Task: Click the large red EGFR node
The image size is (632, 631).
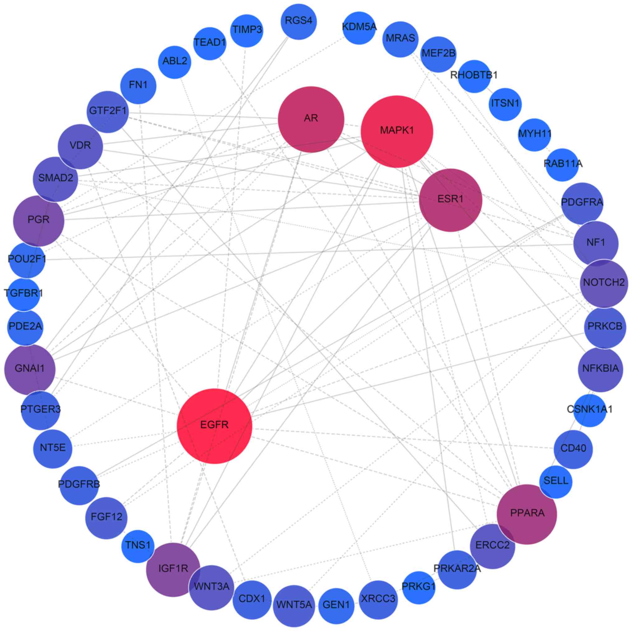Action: (214, 426)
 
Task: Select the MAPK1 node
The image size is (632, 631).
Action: (397, 131)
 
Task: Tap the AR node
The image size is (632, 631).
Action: (311, 119)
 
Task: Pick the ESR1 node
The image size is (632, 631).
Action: (450, 200)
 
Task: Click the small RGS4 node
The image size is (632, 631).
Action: (299, 21)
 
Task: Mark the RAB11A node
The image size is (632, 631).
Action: (563, 164)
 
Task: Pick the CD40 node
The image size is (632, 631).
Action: (573, 449)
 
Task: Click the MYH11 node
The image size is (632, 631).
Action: (535, 134)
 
